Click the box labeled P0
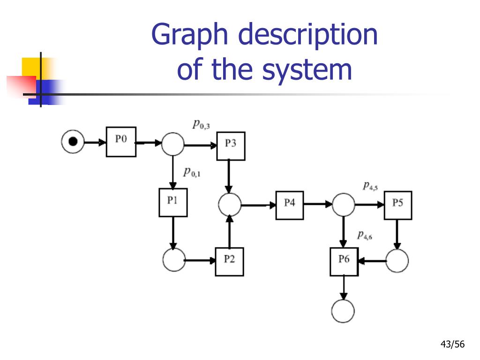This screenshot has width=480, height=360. point(121,142)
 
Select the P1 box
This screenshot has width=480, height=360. point(173,202)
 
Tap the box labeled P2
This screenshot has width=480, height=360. point(229,261)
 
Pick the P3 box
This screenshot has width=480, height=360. point(231,146)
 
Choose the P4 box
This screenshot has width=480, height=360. point(289,205)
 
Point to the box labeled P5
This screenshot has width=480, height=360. point(398,205)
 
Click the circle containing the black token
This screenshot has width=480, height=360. point(73,141)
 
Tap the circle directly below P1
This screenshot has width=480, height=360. point(174,260)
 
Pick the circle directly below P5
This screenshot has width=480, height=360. point(397,261)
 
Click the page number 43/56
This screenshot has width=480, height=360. point(452,345)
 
